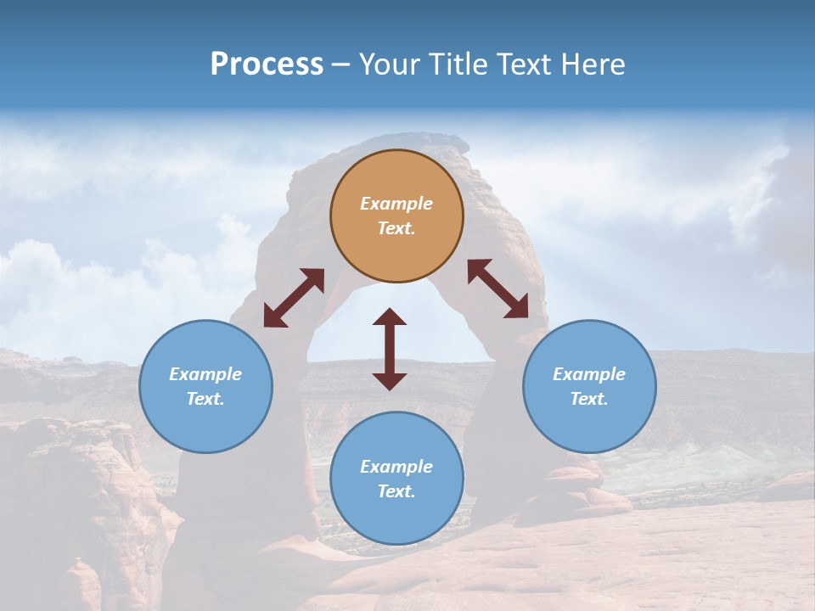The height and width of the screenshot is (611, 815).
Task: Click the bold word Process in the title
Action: pos(267,64)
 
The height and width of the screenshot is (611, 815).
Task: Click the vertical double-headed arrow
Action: pos(390,350)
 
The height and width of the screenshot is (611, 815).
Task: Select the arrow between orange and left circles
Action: pos(294,298)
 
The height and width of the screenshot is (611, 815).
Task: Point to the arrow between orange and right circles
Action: pos(497,289)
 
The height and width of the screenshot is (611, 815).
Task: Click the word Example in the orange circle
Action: pos(396,204)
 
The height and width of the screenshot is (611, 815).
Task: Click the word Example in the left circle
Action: pos(205,374)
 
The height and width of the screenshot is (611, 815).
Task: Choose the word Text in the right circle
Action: pos(588,399)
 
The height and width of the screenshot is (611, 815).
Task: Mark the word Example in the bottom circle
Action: pos(396,467)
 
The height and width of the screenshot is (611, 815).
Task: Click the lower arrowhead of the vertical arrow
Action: pos(390,381)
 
